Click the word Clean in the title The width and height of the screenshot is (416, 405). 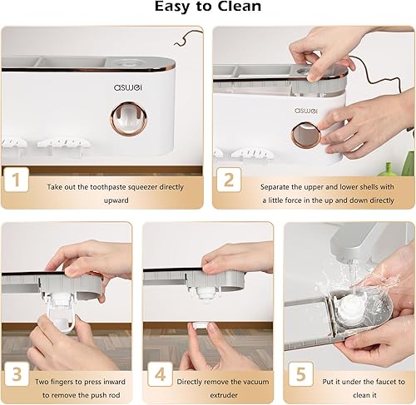click(239, 7)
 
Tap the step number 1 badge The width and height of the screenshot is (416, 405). click(16, 180)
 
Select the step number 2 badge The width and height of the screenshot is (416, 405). click(229, 180)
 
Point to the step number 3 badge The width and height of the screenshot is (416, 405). click(17, 373)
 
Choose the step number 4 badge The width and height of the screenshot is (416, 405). click(160, 374)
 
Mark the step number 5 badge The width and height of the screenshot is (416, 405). click(301, 373)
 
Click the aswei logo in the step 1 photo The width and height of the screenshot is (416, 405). click(128, 87)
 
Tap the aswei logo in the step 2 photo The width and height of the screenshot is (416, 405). click(306, 111)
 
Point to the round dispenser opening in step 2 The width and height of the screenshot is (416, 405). click(306, 136)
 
